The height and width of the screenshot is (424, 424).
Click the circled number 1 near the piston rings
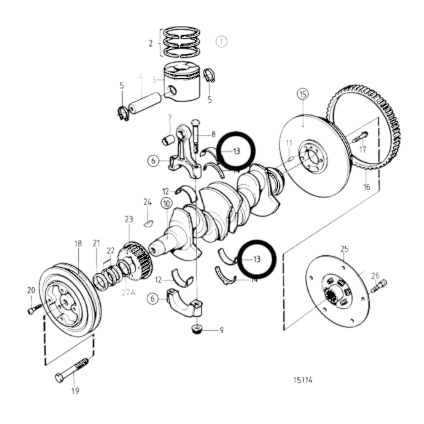222,42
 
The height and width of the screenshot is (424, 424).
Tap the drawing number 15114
303,380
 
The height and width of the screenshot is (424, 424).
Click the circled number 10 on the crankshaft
166,203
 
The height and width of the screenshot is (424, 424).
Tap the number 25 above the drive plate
344,249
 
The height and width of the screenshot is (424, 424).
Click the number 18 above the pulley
78,243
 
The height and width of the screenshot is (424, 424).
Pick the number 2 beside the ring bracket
151,43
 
